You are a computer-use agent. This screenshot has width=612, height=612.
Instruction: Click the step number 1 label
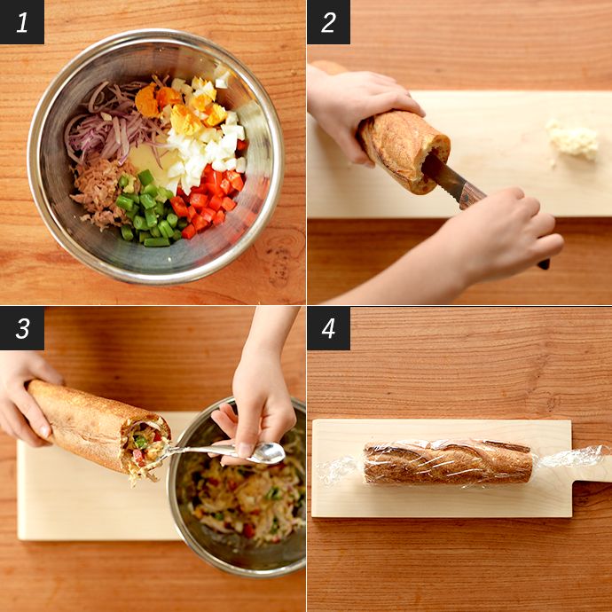pos(22,22)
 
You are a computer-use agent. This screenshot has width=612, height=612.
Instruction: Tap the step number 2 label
pos(328,22)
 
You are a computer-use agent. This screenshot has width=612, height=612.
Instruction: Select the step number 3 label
pos(22,328)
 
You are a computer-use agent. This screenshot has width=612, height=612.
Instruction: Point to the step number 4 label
pos(328,328)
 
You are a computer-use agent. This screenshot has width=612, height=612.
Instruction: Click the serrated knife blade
pos(443,176)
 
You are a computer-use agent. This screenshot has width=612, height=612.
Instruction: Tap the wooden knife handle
pos(504,226)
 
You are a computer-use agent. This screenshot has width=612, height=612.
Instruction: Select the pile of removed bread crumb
pos(573,140)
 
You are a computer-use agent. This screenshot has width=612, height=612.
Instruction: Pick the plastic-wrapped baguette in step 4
pos(448,462)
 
